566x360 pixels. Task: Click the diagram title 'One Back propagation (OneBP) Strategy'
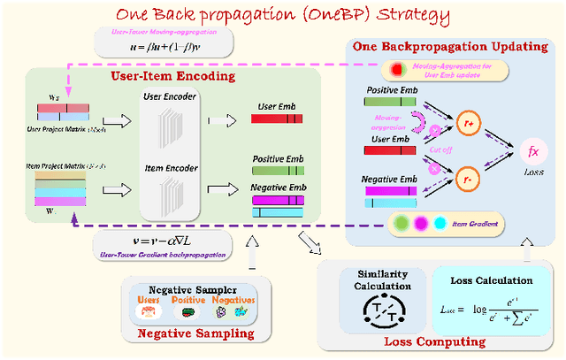pos(283,16)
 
